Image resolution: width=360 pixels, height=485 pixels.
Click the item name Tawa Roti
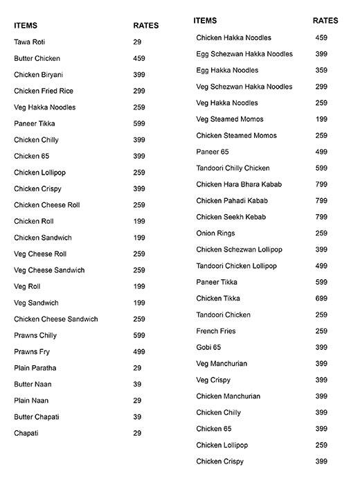[x=29, y=42]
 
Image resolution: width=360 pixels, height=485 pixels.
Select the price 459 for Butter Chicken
[x=138, y=59]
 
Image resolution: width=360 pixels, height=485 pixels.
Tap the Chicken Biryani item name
[x=38, y=75]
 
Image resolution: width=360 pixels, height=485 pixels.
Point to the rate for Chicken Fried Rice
[x=138, y=91]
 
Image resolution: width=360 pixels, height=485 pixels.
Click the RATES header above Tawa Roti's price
[x=145, y=26]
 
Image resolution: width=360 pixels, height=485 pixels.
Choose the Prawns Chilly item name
[x=35, y=335]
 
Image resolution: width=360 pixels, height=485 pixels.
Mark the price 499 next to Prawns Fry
[x=138, y=352]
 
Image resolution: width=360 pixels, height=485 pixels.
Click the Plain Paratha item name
[x=35, y=368]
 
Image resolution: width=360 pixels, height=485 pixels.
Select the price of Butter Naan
[x=137, y=384]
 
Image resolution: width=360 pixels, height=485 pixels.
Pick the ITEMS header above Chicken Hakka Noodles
[x=205, y=21]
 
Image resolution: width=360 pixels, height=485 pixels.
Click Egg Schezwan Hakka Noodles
[x=244, y=54]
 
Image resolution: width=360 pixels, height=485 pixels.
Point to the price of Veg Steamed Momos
[x=321, y=119]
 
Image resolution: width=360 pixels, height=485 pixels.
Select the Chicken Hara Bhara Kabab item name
[x=239, y=184]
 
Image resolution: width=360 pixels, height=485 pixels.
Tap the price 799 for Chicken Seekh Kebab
[x=321, y=217]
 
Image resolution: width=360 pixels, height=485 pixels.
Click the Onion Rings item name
[x=215, y=233]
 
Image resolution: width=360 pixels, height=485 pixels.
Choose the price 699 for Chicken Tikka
[x=321, y=299]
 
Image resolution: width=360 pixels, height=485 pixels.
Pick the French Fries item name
[x=216, y=331]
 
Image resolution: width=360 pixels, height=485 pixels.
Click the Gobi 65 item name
[x=208, y=347]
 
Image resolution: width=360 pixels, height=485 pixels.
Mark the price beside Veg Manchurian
[x=321, y=364]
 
